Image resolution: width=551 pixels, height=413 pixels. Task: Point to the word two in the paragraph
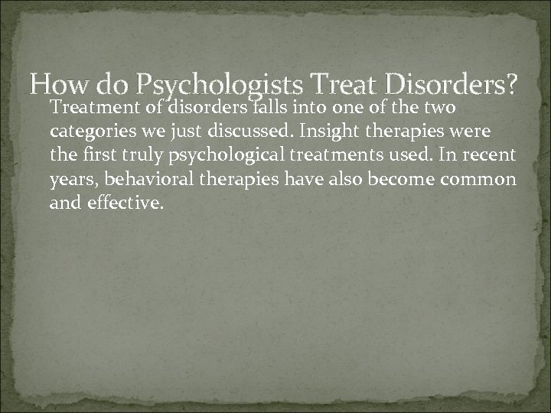[x=442, y=108]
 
